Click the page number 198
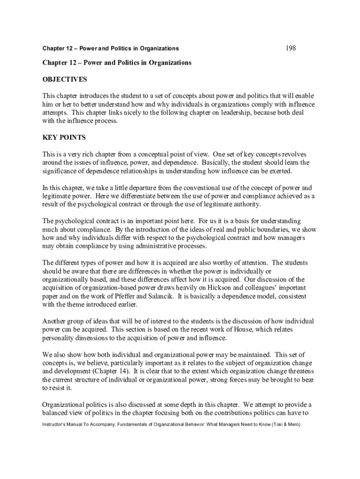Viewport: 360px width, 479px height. pyautogui.click(x=290, y=48)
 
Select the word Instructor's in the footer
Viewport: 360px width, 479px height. pyautogui.click(x=56, y=424)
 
